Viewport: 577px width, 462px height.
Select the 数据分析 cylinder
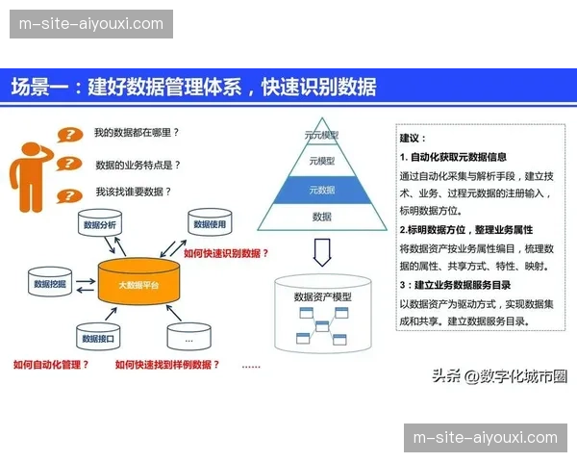click(99, 227)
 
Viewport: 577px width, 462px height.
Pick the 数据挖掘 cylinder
click(49, 284)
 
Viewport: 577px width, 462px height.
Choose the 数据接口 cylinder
click(98, 339)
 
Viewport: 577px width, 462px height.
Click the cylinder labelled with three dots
click(188, 339)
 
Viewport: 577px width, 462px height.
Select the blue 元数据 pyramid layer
click(321, 190)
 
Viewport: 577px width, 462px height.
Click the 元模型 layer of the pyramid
click(321, 162)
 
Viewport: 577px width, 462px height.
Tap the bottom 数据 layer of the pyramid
click(321, 218)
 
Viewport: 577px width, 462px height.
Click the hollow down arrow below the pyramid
click(322, 253)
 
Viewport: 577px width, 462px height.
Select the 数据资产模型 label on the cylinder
click(322, 296)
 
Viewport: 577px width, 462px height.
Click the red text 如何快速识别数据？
click(226, 253)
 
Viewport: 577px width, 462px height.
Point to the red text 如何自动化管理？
click(51, 365)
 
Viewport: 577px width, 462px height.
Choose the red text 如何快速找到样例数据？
click(167, 365)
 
